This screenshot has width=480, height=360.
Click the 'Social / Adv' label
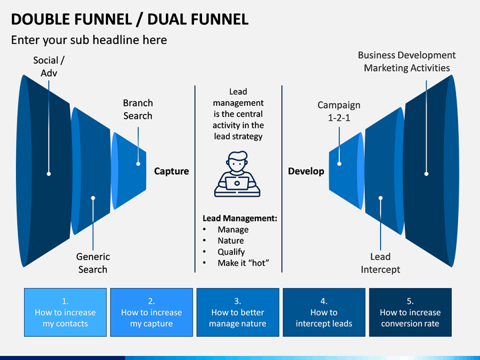[49, 67]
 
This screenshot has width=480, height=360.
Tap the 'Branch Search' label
[138, 109]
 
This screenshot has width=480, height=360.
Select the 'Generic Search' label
[93, 263]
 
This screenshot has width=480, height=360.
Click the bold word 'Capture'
[171, 171]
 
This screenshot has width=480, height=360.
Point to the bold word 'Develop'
[306, 171]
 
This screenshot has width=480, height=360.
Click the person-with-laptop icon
[237, 174]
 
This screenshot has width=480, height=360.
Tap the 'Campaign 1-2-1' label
[339, 111]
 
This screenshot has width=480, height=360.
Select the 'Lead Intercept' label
[380, 263]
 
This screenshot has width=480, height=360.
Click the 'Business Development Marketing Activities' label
[407, 61]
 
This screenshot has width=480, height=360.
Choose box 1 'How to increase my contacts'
[65, 312]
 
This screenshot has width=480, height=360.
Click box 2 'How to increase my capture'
[151, 312]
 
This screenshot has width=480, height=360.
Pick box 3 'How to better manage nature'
[238, 312]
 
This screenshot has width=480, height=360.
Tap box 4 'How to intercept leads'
[324, 312]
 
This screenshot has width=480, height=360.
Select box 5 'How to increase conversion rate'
[410, 312]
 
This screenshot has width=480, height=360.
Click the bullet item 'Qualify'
[231, 251]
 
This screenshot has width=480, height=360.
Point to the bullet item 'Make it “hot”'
[243, 263]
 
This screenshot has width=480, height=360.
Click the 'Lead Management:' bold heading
[240, 218]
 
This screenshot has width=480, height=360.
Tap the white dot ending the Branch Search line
[138, 164]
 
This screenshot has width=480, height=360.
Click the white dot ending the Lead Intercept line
[381, 198]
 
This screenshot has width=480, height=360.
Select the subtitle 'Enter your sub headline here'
[89, 40]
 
